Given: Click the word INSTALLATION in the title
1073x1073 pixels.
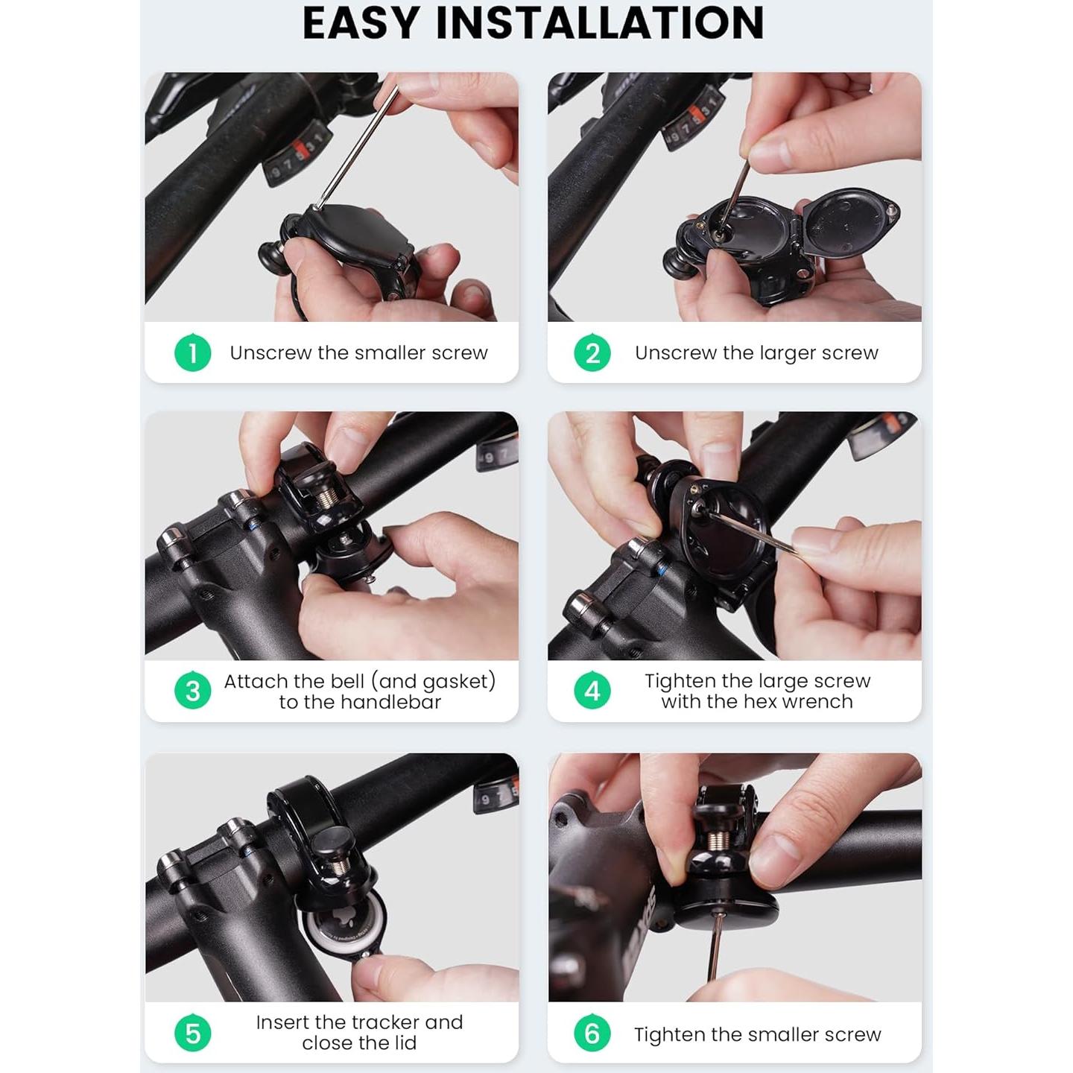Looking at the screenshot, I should coord(600,23).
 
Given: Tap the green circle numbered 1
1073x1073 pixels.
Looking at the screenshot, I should coord(192,352).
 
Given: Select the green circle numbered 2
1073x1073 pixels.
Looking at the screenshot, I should coord(592,352).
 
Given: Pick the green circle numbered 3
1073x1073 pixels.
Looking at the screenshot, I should coord(192,691).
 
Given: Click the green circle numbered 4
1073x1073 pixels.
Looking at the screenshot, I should coord(592,691).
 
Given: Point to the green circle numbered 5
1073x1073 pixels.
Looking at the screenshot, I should coord(192,1033).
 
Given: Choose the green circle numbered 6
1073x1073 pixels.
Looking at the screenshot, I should coord(592,1033).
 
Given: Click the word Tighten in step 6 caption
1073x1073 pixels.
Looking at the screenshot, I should coord(669,1034).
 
